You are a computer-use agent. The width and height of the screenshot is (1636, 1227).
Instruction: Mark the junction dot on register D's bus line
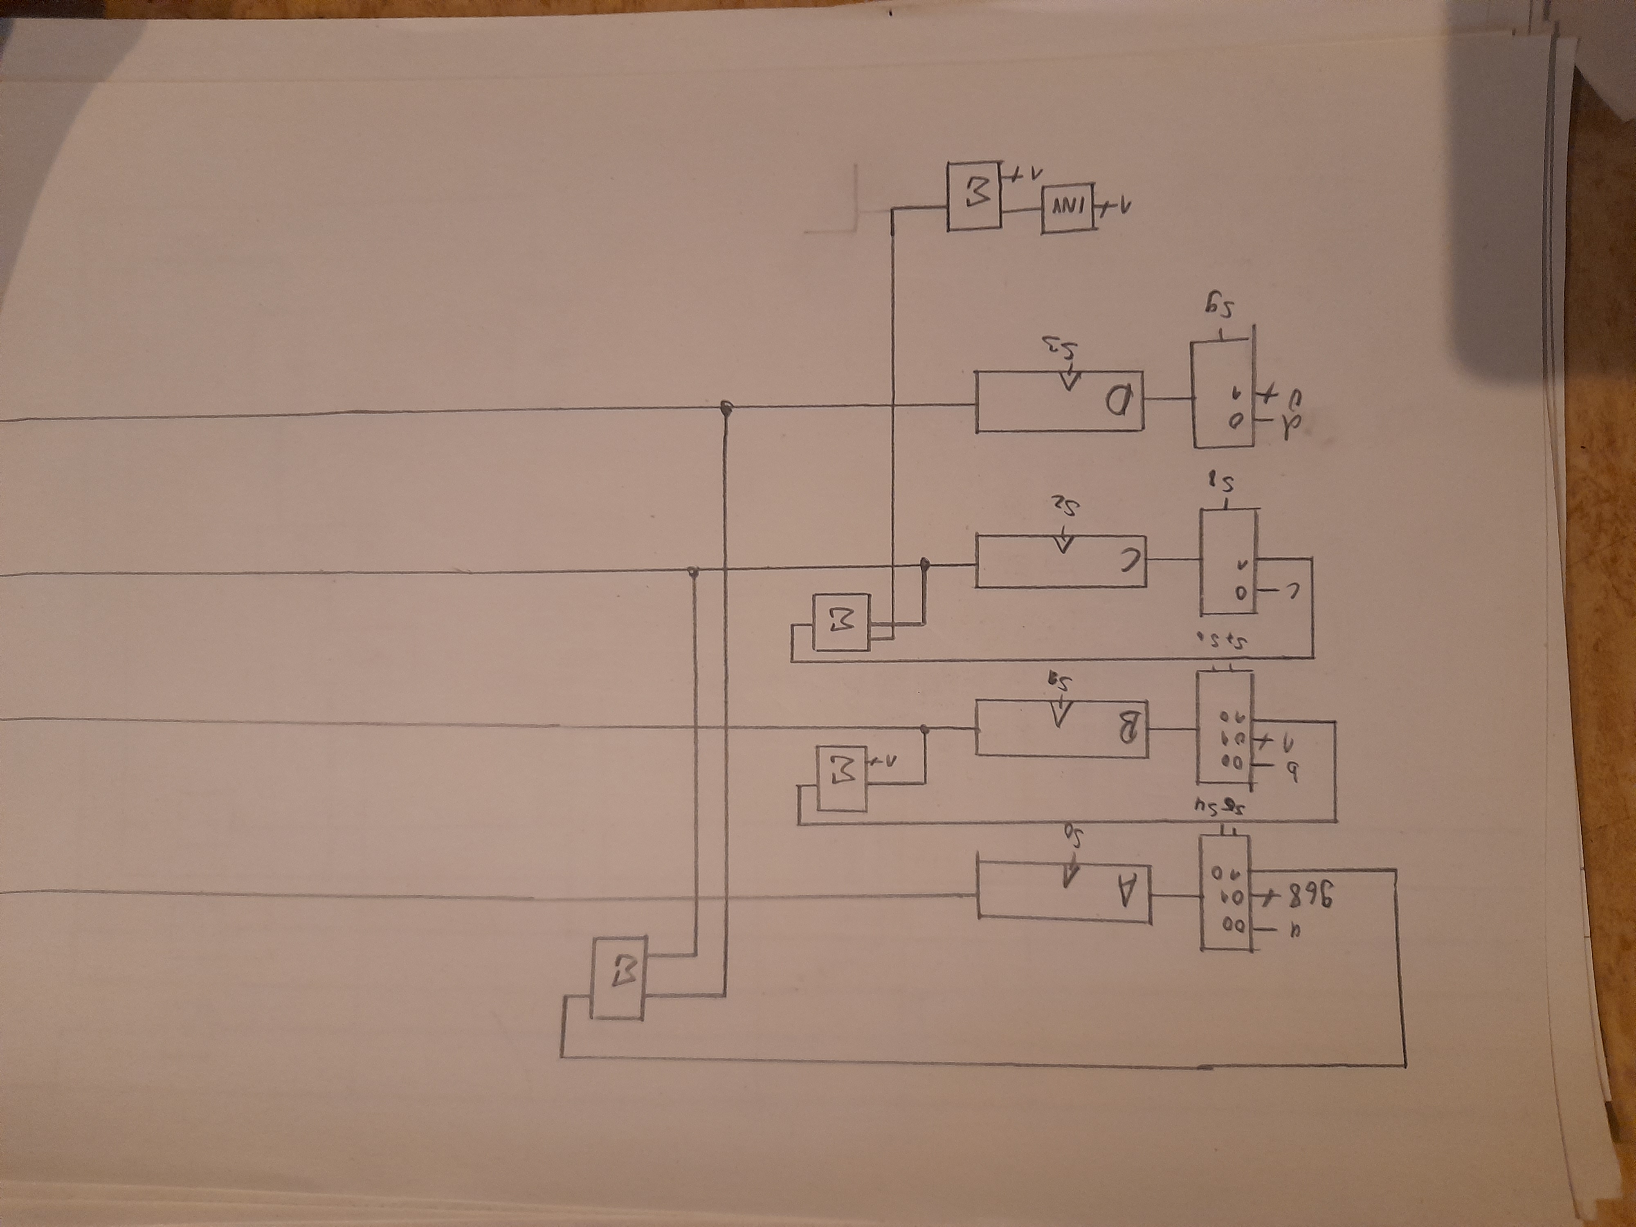[726, 407]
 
